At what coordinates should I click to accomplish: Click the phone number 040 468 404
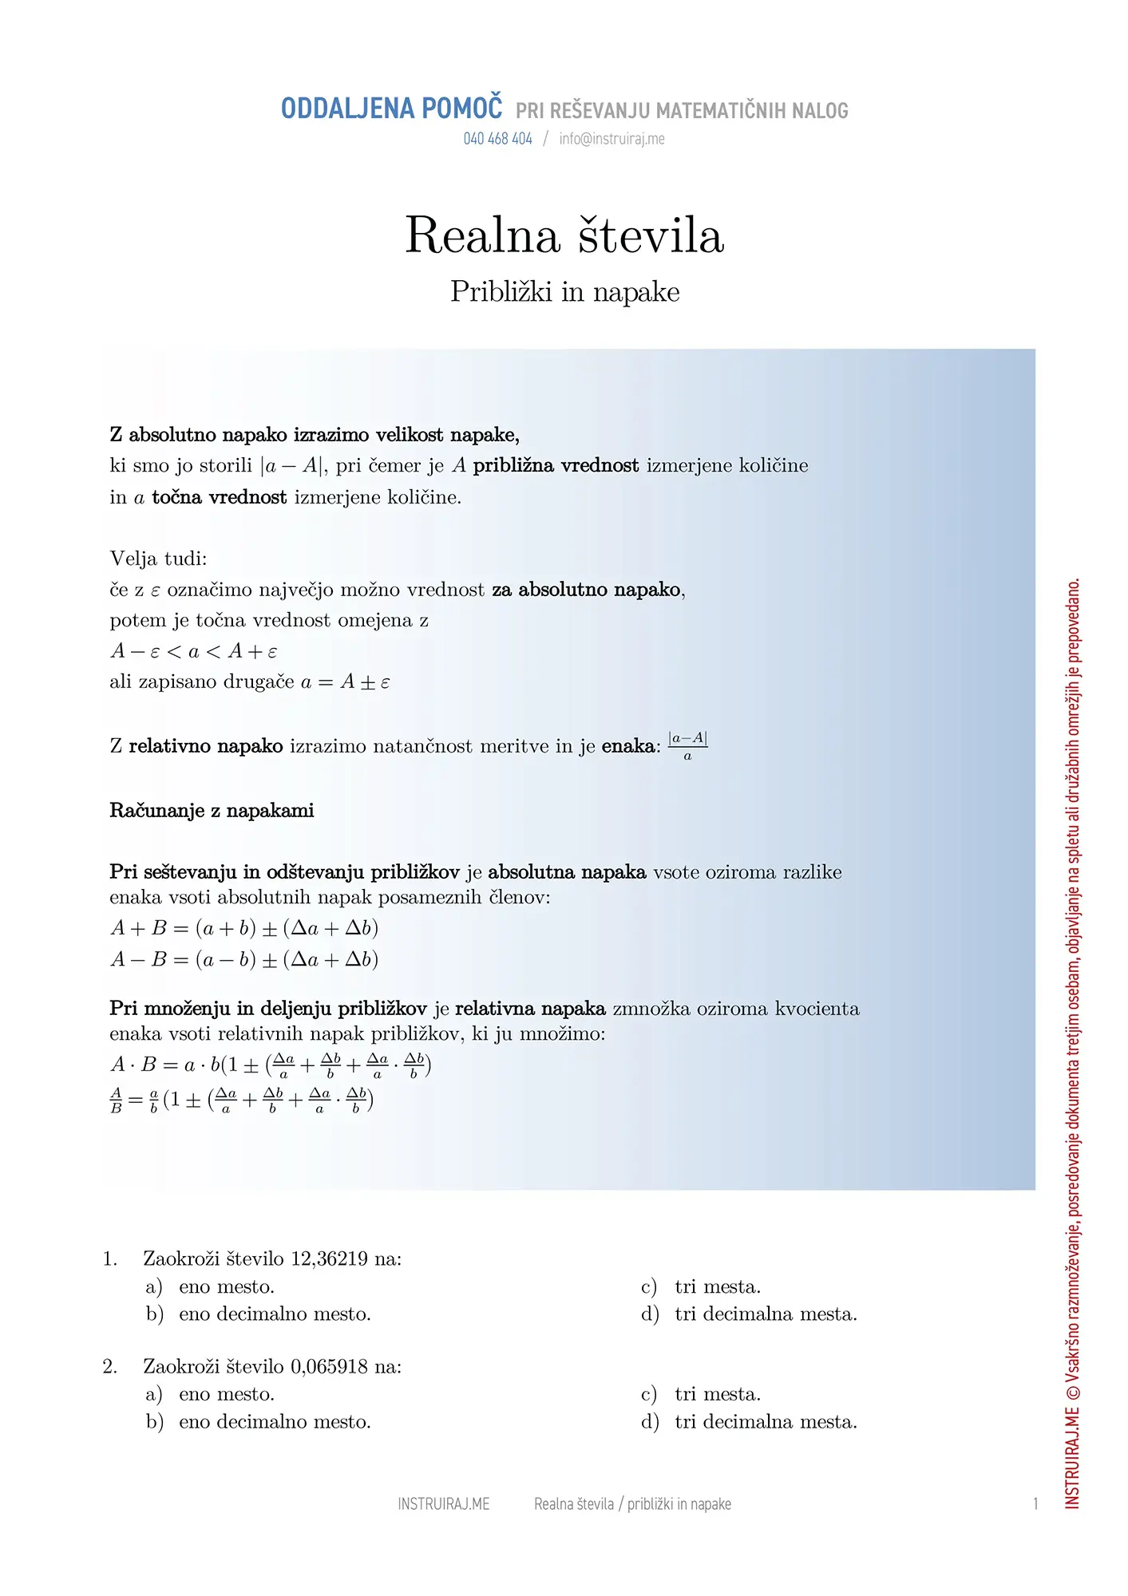497,139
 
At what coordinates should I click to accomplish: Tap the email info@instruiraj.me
611,139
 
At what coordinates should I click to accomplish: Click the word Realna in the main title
482,235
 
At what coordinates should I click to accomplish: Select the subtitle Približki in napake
564,292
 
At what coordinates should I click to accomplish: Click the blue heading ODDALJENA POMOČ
391,109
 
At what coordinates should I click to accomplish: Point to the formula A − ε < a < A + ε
193,651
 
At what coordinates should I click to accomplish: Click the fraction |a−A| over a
687,746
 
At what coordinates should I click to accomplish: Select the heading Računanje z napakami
212,811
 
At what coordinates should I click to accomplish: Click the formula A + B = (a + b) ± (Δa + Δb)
243,928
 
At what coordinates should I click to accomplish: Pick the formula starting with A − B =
243,959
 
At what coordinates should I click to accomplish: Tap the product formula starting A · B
271,1065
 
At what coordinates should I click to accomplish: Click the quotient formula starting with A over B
241,1100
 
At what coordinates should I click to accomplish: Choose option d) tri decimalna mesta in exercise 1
749,1314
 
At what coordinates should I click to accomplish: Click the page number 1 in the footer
1035,1504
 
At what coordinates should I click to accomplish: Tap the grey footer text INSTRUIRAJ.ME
443,1504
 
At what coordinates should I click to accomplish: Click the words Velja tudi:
158,559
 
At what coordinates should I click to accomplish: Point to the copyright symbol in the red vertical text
1072,1393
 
